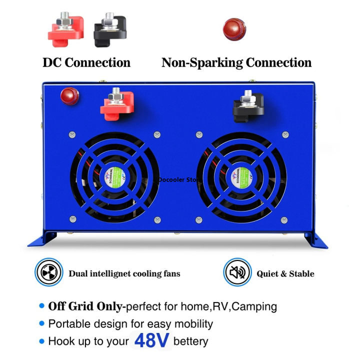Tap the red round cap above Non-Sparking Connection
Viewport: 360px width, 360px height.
tap(234, 29)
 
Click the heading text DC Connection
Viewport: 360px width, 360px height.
tap(86, 62)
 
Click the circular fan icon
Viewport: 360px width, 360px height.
tap(48, 273)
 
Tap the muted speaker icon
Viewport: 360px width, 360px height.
tap(236, 273)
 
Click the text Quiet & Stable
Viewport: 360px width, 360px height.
tap(285, 273)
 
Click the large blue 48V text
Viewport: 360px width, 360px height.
tap(152, 341)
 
